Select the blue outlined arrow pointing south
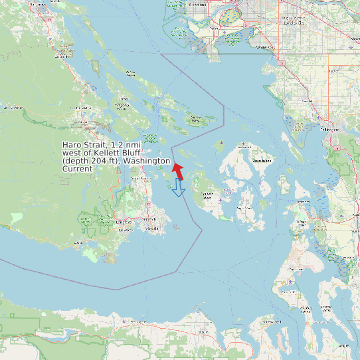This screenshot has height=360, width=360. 177,188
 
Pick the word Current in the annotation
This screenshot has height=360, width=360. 78,169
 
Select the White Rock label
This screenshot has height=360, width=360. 266,47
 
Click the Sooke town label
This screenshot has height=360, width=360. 79,242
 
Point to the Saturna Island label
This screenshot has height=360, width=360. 196,119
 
